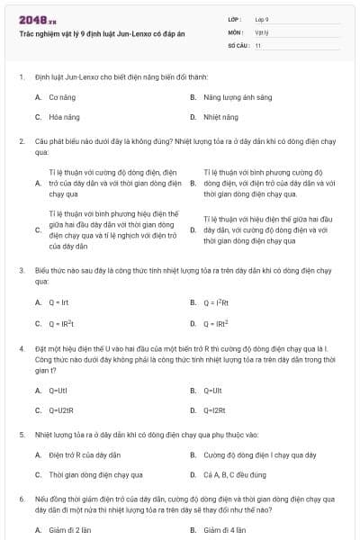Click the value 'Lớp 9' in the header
pos(261,18)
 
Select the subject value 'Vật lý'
pos(261,31)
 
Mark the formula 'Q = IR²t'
pos(60,323)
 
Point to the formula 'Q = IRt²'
pos(216,323)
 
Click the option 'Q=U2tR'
pos(60,411)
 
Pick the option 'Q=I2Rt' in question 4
pos(214,411)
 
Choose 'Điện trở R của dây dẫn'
pos(85,454)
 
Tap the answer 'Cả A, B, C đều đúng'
pos(236,476)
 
